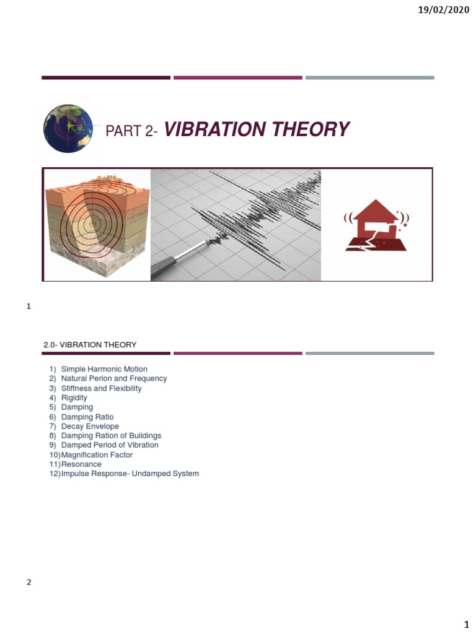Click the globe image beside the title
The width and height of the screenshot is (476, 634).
[x=68, y=129]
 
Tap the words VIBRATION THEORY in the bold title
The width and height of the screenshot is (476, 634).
[x=257, y=129]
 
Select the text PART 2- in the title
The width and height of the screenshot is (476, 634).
[x=132, y=131]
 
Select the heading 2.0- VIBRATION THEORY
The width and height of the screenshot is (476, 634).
[x=90, y=344]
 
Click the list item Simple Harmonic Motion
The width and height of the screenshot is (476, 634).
[x=104, y=369]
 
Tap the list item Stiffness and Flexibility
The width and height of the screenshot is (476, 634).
[x=101, y=388]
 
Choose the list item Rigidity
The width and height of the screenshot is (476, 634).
[x=74, y=397]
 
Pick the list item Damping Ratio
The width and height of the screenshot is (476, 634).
[x=87, y=417]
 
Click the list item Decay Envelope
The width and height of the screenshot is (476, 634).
[x=90, y=426]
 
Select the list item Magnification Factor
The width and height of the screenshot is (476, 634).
[x=97, y=454]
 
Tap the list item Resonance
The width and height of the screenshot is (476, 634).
[x=81, y=464]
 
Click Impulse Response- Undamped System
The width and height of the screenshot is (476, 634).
[x=130, y=474]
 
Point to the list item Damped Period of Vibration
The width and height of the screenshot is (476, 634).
[x=110, y=445]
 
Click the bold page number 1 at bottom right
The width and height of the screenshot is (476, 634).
[x=467, y=625]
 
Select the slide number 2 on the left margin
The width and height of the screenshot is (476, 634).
[x=29, y=582]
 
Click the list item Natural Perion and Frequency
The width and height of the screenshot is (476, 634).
[x=114, y=378]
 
